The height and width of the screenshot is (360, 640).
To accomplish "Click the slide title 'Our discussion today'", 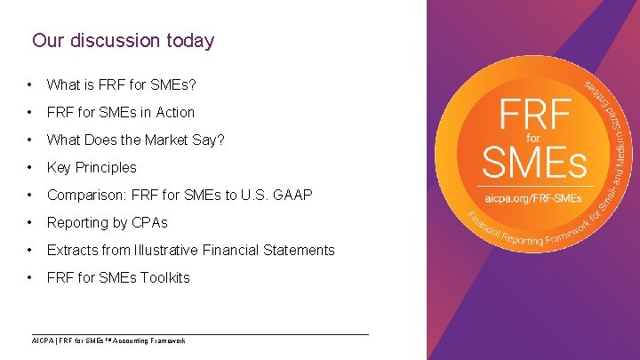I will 123,41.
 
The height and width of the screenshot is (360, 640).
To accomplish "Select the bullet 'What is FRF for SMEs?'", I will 121,85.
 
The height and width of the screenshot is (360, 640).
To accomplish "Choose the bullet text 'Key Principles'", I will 92,168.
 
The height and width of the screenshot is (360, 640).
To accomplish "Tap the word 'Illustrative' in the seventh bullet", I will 183,250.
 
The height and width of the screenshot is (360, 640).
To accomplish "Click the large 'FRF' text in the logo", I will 533,116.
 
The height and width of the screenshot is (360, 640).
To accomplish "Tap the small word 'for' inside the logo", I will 533,140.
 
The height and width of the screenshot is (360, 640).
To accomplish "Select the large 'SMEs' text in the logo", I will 533,163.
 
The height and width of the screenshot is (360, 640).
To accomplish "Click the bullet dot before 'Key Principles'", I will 32,168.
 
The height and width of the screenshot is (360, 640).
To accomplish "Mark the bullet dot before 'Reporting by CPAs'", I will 32,222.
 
